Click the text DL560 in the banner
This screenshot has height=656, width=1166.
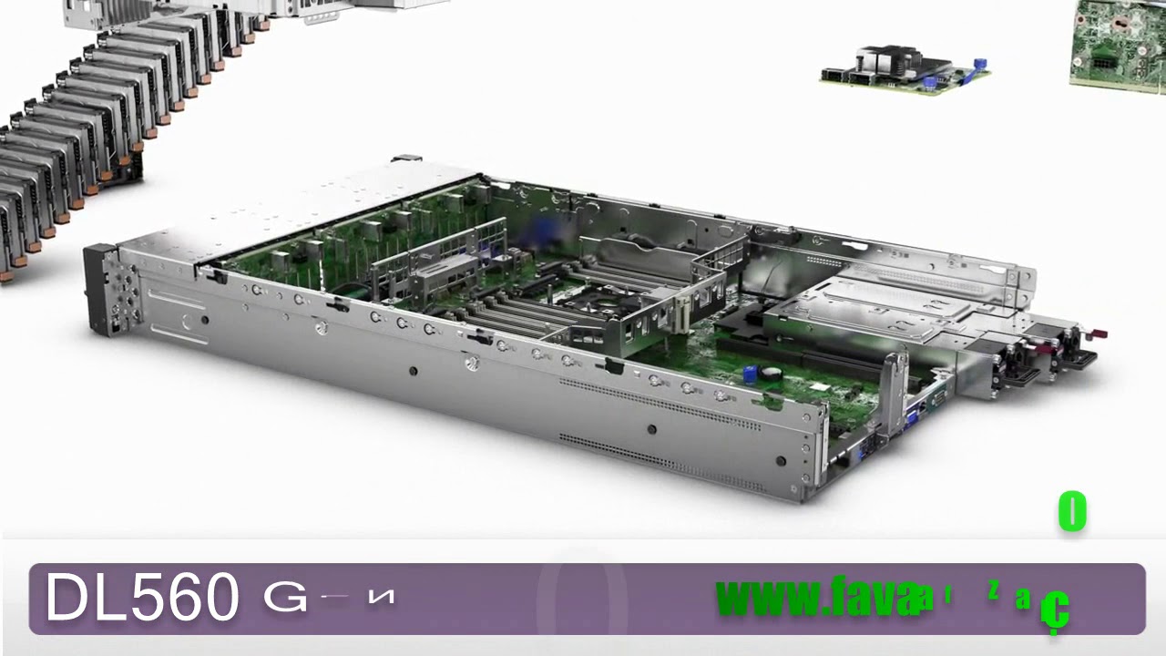tap(141, 599)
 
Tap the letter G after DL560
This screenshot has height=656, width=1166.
tap(285, 599)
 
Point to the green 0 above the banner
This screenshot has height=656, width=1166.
tap(1072, 512)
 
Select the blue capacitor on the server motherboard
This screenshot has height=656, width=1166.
tap(751, 374)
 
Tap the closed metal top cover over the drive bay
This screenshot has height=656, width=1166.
tap(310, 210)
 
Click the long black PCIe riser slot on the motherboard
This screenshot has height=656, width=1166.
tap(802, 355)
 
